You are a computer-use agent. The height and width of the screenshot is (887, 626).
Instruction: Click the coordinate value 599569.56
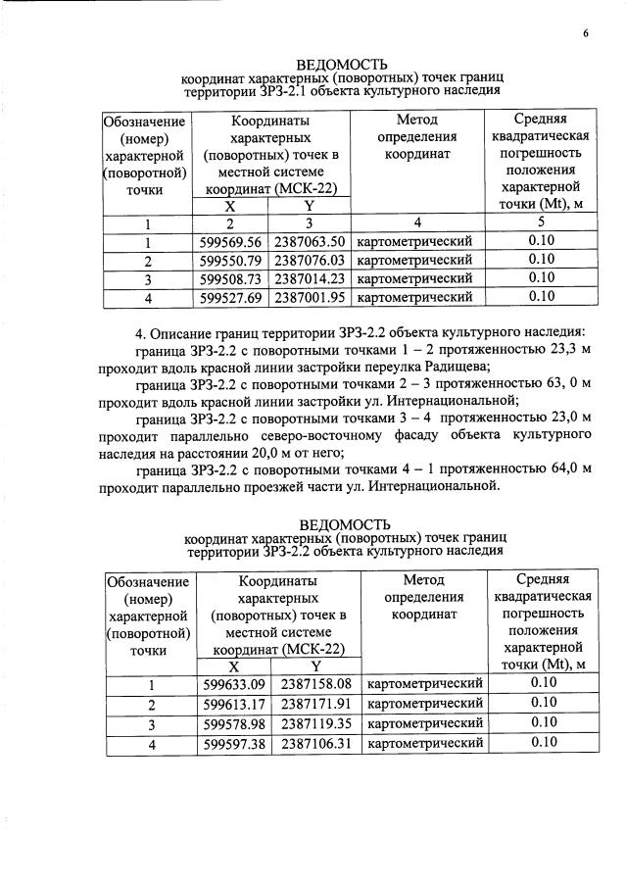230,242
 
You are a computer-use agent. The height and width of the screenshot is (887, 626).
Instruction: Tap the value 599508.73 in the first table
230,278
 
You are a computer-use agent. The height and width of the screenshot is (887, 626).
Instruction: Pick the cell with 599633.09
233,685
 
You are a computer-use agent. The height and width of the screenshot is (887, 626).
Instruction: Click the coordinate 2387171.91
315,704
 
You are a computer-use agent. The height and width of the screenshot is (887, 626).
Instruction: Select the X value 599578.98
233,723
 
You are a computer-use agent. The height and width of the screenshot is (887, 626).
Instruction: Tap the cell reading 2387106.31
315,743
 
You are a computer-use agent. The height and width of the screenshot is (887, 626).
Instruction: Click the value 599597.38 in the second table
233,743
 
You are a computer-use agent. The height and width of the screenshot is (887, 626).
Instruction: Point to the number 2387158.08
315,685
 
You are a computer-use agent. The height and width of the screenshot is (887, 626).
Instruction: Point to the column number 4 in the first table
416,223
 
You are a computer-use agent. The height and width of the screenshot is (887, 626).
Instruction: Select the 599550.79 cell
230,261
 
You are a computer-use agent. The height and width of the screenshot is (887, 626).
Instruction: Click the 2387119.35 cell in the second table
315,723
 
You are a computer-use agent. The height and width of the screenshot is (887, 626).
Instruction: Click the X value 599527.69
230,297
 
